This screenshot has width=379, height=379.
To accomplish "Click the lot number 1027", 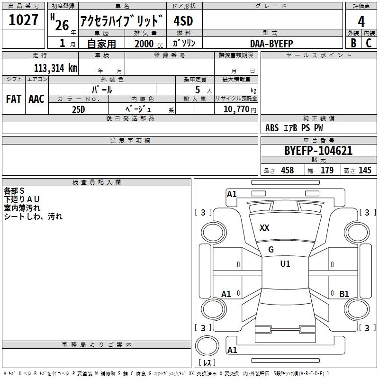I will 23,20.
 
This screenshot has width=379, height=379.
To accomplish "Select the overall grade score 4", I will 361,22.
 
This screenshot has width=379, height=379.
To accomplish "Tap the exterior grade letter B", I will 353,43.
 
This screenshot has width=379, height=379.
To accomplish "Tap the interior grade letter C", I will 369,43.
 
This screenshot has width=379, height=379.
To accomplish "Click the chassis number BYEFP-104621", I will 318,151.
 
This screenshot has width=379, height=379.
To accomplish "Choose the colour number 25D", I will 79,108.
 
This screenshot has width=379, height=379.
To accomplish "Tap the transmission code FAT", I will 13,99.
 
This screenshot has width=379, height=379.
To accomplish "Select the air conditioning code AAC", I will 36,99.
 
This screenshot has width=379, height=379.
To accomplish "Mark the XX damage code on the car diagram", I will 264,228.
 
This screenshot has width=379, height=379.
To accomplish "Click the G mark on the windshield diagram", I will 271,250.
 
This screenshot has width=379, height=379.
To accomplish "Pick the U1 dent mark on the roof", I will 285,264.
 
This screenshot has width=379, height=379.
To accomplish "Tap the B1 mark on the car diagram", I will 344,294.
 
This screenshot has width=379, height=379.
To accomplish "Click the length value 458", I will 287,171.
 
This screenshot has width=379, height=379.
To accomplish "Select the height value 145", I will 365,171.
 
